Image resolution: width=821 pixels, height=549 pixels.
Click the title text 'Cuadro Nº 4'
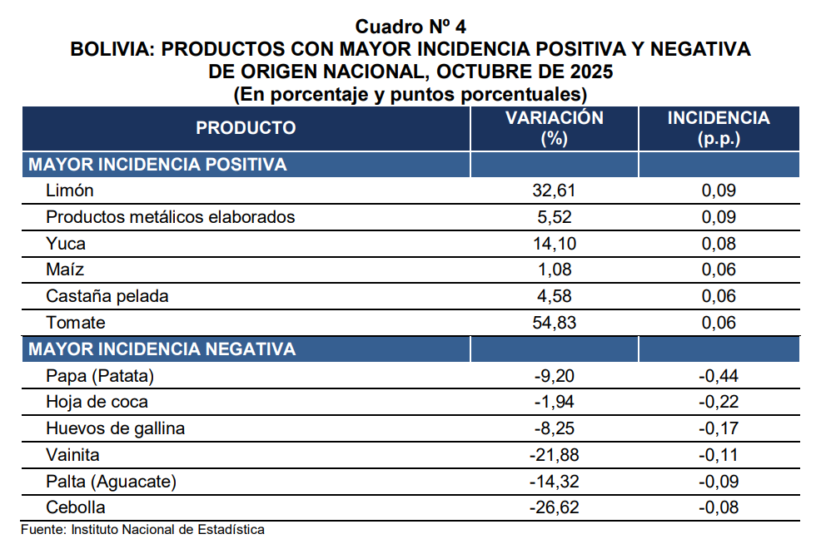410,27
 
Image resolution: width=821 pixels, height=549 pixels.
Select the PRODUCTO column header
246,128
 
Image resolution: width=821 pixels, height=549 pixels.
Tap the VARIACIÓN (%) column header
554,128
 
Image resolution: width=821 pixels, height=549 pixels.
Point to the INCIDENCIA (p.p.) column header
719,128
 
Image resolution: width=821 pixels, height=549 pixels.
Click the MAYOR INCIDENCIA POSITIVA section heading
157,165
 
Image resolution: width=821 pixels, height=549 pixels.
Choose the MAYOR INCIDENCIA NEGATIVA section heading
162,349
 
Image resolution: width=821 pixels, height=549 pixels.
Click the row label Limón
70,191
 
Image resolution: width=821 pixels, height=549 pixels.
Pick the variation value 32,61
554,191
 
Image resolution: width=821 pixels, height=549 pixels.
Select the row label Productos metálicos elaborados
171,218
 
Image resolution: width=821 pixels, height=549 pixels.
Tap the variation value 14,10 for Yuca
554,245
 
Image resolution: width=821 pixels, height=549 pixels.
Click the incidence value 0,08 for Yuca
719,245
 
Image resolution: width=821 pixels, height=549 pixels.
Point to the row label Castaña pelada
107,297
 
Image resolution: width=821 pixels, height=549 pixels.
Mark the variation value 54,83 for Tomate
554,323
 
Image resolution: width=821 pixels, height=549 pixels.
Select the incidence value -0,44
719,376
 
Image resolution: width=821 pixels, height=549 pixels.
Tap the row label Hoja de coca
97,403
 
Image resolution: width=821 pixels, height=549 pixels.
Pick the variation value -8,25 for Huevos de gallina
554,429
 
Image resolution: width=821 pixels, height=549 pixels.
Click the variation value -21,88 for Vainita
554,455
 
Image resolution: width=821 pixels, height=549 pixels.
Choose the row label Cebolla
76,507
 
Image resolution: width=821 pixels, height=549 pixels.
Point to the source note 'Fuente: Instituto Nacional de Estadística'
142,529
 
